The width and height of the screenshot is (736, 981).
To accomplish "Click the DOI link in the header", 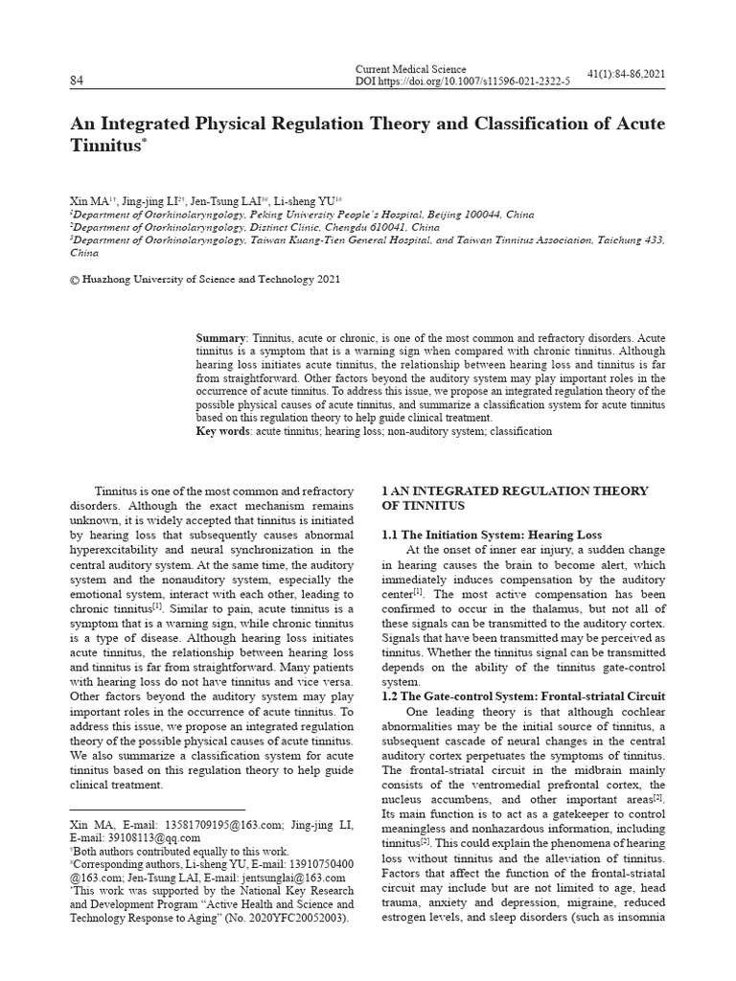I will (x=462, y=82).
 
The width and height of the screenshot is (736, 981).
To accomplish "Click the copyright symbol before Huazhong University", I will (x=76, y=280).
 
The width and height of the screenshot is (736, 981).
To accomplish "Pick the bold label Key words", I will (x=222, y=432).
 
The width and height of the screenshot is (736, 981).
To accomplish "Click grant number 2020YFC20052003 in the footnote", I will (x=287, y=919).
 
